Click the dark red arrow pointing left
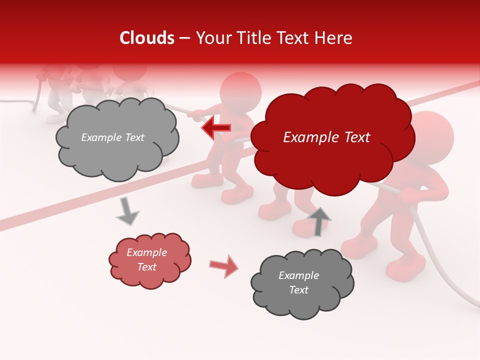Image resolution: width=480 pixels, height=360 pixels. [x=216, y=128]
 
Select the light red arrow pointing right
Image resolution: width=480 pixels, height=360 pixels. [x=224, y=265]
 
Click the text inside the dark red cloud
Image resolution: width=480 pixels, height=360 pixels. [x=326, y=137]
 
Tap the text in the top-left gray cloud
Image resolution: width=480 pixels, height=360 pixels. [x=112, y=137]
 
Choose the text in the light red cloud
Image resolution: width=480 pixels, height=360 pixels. [x=147, y=260]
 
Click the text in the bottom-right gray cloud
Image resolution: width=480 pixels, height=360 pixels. [x=298, y=283]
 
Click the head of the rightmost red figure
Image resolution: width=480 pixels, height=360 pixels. [x=430, y=135]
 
